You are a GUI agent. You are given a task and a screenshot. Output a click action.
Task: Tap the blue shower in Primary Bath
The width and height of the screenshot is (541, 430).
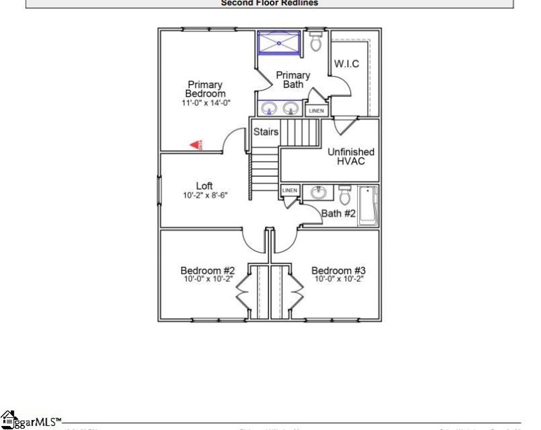(x=279, y=43)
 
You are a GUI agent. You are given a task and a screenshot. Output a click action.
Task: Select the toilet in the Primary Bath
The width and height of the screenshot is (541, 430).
(x=316, y=41)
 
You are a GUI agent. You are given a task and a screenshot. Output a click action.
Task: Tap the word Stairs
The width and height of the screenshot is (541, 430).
(x=266, y=132)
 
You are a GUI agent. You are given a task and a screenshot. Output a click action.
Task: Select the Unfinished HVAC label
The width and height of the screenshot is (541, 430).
(x=351, y=157)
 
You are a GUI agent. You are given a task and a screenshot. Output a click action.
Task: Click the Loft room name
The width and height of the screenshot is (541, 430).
(x=204, y=186)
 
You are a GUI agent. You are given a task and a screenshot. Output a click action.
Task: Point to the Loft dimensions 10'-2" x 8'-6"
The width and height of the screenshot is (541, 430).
(x=205, y=195)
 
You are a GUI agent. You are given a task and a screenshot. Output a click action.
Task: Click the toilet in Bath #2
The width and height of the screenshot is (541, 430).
(x=344, y=196)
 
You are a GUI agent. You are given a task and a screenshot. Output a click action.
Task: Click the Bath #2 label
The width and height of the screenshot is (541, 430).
(x=338, y=214)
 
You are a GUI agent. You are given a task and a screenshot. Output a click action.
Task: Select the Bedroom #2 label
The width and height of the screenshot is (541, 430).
(x=207, y=270)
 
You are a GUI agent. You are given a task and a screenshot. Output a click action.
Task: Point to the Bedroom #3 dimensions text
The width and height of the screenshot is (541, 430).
(x=339, y=279)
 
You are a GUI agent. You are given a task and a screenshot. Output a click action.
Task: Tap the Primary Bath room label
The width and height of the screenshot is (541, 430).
(x=293, y=80)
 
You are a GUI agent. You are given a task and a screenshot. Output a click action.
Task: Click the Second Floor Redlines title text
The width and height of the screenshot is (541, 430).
(x=269, y=3)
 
